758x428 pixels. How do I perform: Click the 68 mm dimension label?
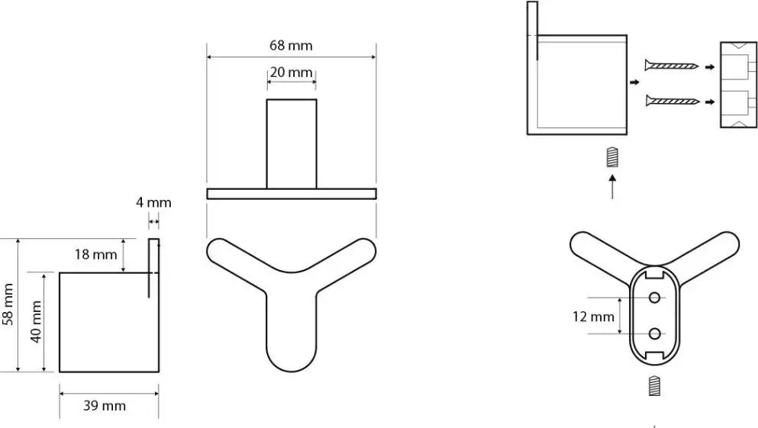291,46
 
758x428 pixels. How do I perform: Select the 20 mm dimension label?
291,72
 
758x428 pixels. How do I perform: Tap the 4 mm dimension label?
153,202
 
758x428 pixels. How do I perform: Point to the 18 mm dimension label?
95,254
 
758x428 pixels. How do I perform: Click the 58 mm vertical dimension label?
8,304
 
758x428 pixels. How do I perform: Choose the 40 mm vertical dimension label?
36,322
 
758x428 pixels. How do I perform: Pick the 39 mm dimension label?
105,405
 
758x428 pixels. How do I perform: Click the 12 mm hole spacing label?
593,317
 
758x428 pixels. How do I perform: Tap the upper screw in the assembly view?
672,65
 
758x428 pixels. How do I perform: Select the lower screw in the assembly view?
673,101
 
